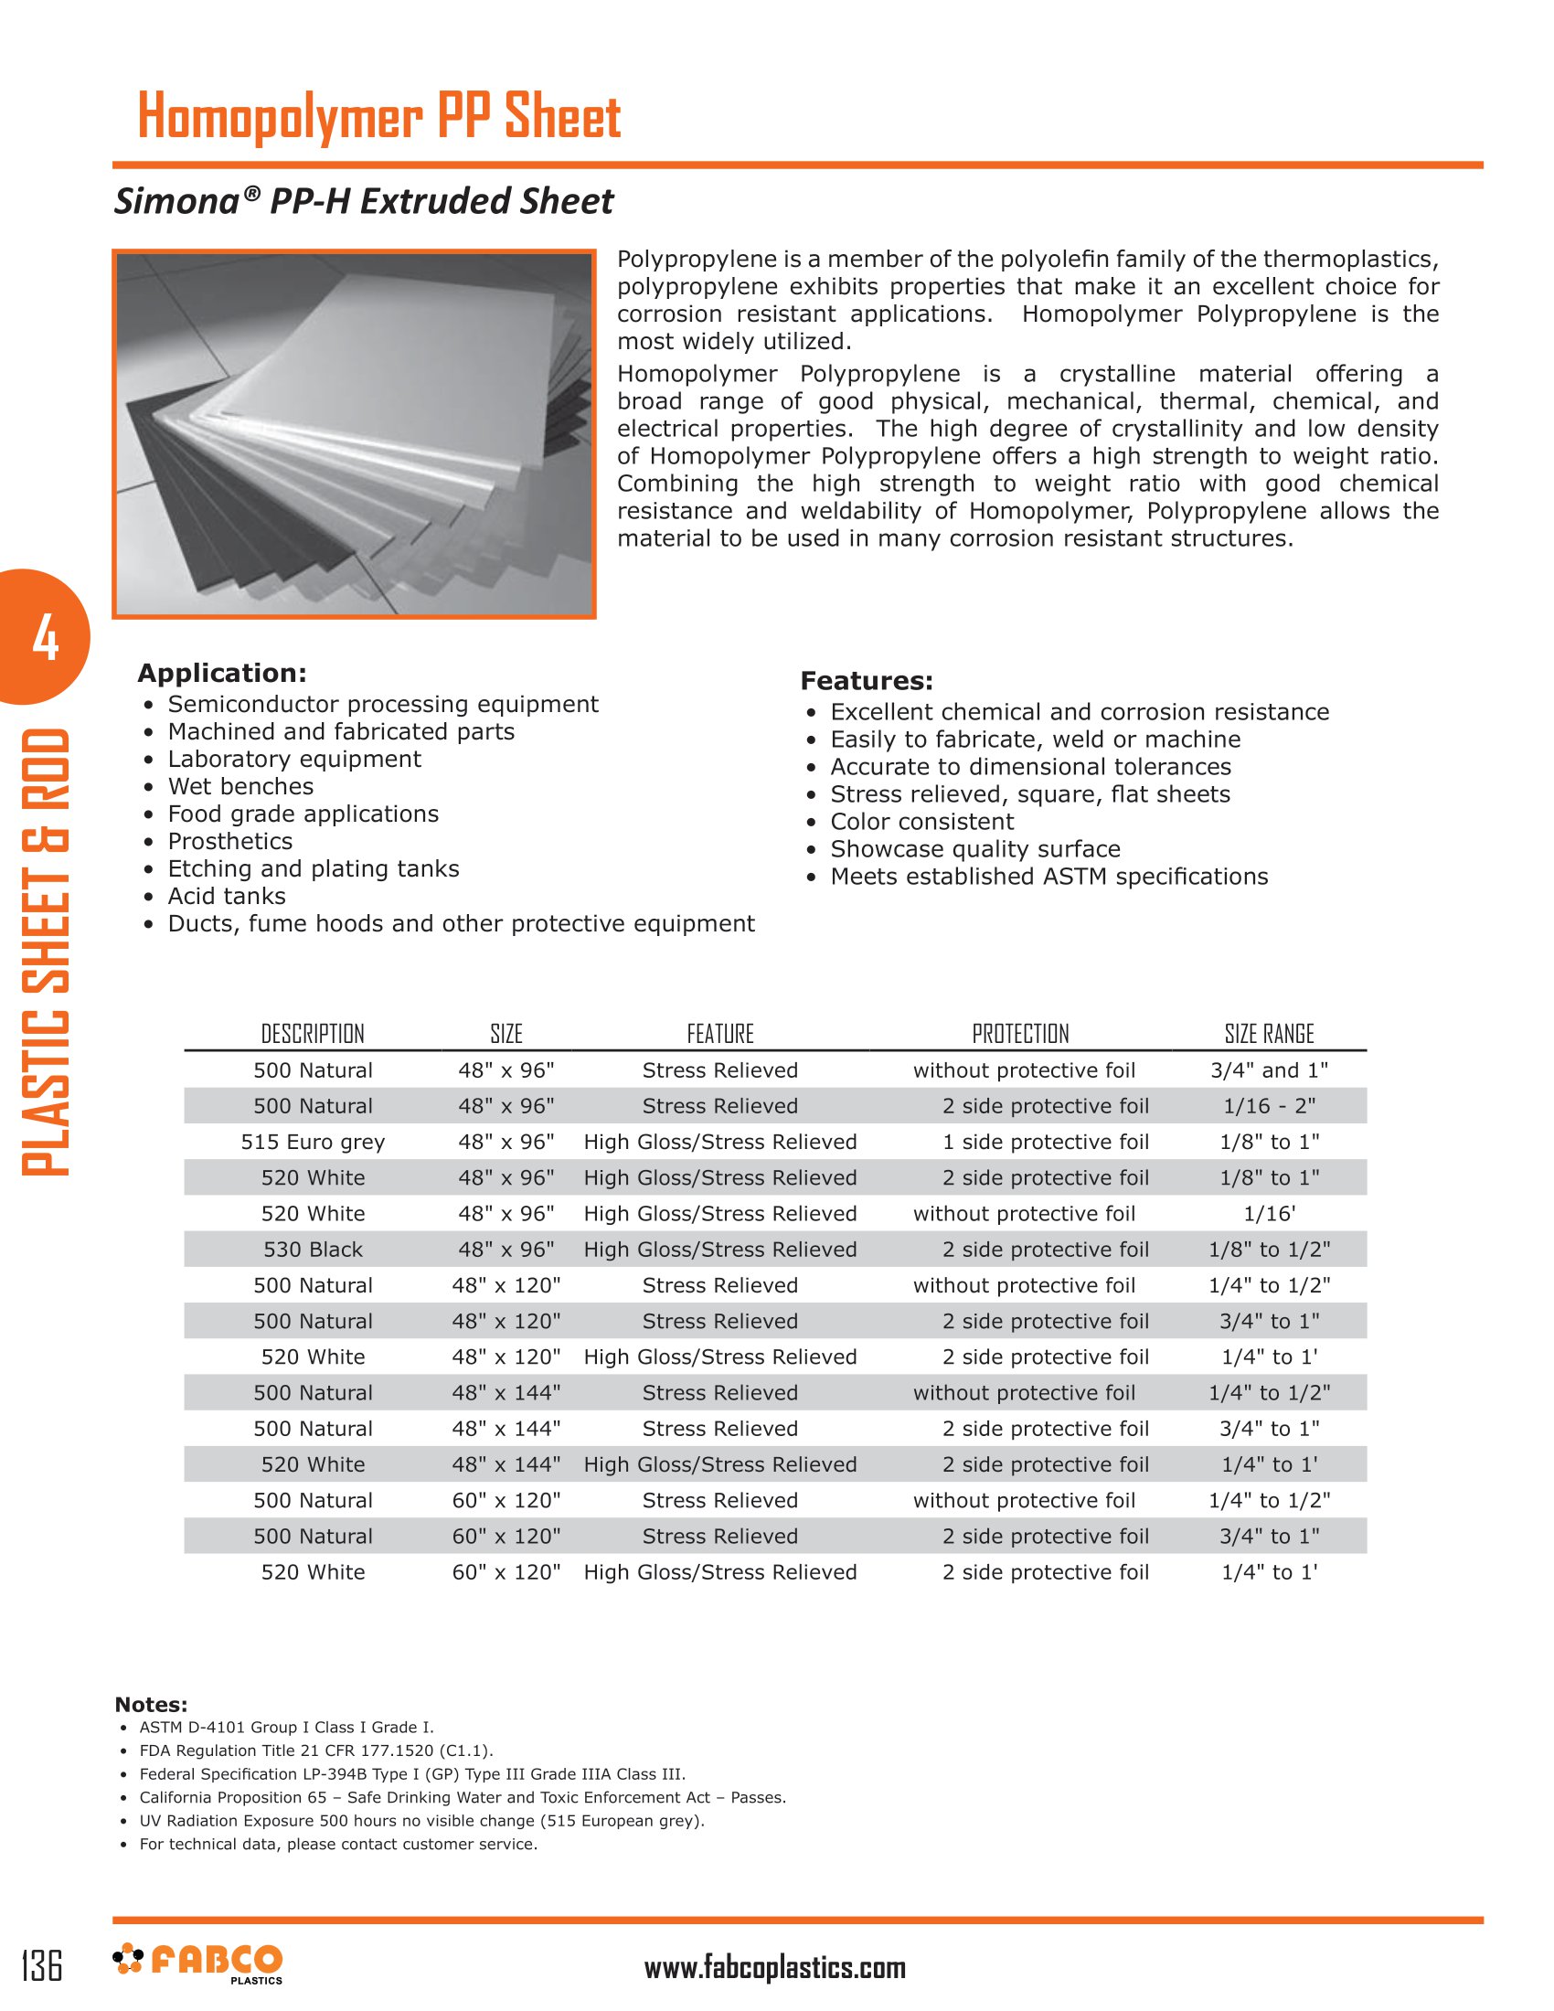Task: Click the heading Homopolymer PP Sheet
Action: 378,117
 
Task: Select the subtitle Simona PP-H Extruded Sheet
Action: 364,202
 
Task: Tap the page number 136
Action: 42,1965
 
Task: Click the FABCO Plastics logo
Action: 198,1963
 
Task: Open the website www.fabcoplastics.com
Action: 774,1968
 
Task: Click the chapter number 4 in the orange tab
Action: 45,638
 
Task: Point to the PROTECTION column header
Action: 1020,1034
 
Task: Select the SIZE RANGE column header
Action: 1269,1034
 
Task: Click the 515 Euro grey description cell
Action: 313,1142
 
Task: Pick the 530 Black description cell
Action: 313,1250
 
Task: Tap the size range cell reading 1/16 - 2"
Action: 1269,1106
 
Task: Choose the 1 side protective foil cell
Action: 1045,1142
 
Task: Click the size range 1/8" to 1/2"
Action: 1269,1250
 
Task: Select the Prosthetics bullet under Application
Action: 230,842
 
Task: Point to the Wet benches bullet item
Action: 240,786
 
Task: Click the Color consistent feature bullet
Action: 921,822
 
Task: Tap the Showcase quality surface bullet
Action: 975,849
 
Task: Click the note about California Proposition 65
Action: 463,1797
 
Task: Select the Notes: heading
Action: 151,1705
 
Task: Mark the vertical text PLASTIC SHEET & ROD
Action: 46,952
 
